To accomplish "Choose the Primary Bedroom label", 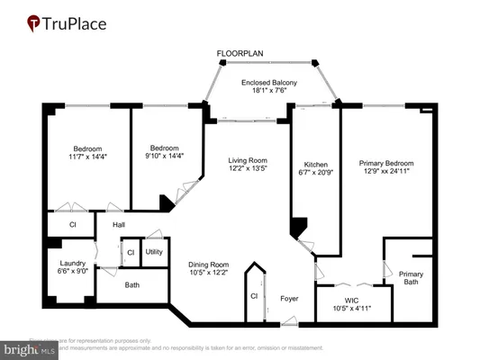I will (385, 163).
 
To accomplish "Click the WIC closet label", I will (352, 300).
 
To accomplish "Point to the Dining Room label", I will (208, 265).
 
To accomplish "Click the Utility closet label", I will (154, 252).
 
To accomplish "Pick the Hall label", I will (118, 225).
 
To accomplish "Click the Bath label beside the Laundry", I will (132, 285).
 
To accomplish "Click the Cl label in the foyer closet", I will (255, 294).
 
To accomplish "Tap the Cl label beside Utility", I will (131, 253).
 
